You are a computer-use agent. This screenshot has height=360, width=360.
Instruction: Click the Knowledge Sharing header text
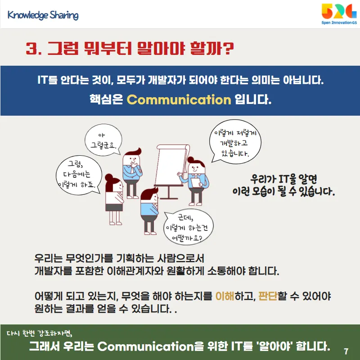coord(43,15)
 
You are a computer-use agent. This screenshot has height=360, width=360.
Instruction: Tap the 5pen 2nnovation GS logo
coord(339,14)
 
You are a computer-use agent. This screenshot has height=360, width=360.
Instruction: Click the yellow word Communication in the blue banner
coord(179,99)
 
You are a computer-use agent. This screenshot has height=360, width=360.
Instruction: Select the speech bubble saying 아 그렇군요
coord(103,140)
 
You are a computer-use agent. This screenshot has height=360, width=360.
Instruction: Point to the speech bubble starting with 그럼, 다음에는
coord(79,175)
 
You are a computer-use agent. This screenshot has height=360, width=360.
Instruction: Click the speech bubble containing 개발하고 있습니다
coord(235,142)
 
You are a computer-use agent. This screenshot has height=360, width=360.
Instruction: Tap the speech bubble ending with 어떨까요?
coord(188,227)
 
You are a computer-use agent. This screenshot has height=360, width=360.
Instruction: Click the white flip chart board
coord(171,165)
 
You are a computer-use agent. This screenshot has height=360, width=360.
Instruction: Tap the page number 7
coord(346,351)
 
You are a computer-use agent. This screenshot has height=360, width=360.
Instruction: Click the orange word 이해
coord(225,296)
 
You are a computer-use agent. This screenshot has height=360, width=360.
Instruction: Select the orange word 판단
coord(268,296)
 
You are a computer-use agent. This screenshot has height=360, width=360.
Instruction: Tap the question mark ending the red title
coord(228,48)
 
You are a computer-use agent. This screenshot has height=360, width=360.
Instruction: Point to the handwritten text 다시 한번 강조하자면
coord(40,333)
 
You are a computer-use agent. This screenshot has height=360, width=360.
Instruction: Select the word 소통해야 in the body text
coord(226,271)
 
